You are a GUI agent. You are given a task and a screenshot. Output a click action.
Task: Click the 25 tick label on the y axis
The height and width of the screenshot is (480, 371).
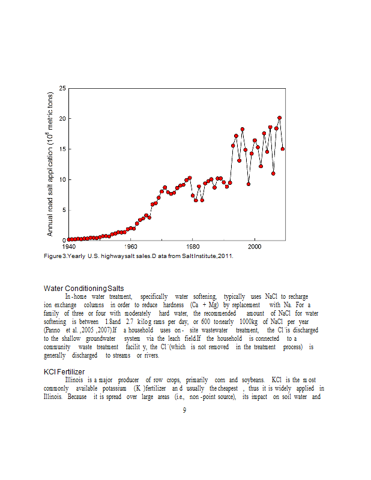[x=62, y=89]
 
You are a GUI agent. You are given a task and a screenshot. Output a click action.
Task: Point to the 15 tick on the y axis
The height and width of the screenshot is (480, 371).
[x=62, y=149]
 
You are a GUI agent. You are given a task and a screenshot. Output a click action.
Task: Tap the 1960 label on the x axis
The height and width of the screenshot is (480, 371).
[x=131, y=247]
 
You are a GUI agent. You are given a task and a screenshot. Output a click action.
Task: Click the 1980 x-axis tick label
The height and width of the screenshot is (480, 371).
[x=193, y=247]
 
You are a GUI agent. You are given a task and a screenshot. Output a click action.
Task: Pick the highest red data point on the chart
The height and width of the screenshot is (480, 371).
[x=279, y=118]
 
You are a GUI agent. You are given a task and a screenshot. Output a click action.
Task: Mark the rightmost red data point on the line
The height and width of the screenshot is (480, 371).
[x=283, y=149]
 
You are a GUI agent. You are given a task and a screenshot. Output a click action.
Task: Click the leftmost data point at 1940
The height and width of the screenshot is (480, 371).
[x=69, y=239]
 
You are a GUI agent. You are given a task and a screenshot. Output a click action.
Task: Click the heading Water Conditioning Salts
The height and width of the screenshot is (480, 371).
[x=84, y=289]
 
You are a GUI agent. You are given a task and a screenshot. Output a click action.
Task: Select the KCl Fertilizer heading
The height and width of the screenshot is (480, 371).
[x=65, y=372]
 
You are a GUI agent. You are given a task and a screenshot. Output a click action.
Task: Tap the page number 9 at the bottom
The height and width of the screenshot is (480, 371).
[x=185, y=410]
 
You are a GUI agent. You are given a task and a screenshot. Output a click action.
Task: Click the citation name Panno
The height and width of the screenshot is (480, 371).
[x=52, y=331]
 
